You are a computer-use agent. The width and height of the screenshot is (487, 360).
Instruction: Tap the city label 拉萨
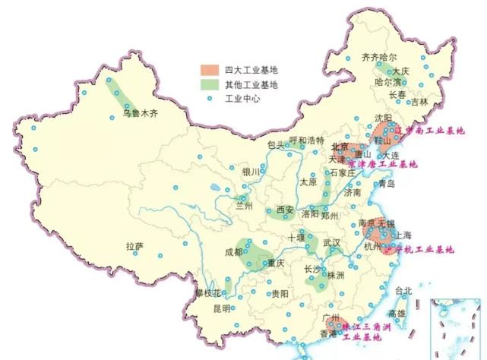coord(134,246)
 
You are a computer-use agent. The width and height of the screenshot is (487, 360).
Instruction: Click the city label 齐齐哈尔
coord(379,57)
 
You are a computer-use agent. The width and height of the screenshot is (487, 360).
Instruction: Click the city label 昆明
coord(221,308)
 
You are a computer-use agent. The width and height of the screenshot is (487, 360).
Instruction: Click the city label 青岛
coord(387,184)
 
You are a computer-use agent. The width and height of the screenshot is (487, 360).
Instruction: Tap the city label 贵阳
coord(280,293)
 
